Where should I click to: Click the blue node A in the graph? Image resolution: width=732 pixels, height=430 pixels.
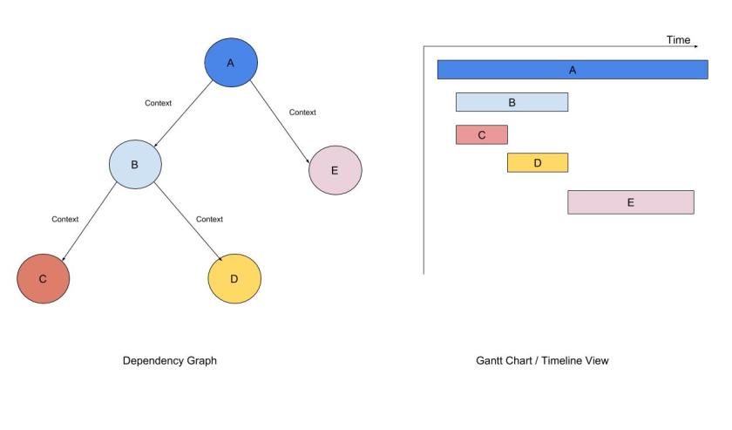point(231,63)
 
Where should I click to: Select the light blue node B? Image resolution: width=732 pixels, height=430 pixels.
point(135,164)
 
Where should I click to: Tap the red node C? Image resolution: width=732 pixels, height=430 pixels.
point(43,278)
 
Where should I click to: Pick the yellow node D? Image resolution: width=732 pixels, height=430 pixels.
point(234,278)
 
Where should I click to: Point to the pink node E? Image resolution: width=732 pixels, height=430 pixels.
point(335,170)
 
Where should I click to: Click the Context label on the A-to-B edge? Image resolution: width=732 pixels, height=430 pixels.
point(158,103)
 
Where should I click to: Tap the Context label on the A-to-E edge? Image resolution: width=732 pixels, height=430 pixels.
point(302,113)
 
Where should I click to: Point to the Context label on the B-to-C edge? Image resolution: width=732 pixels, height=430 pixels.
point(64,219)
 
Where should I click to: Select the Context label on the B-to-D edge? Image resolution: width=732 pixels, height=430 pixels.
point(209,219)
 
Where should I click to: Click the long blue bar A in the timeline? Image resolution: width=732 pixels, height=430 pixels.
point(573,70)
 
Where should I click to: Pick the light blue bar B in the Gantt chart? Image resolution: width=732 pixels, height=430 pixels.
point(512,102)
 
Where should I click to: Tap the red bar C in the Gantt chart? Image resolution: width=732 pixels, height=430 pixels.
point(481,134)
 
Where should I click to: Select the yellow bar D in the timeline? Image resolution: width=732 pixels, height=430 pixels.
point(537,162)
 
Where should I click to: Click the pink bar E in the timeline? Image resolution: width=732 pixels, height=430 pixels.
point(630,202)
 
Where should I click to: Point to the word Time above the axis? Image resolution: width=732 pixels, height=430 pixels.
point(678,40)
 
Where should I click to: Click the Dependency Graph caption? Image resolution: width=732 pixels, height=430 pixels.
point(169,360)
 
